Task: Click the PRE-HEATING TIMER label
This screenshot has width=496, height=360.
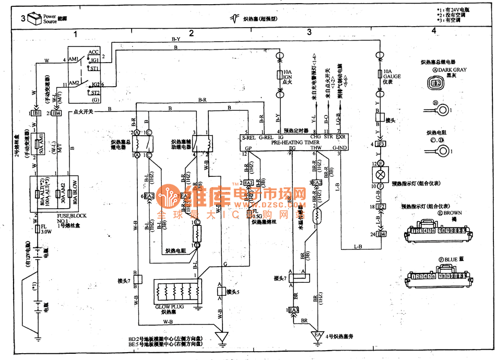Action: [295, 142]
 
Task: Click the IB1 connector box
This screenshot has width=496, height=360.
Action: [37, 113]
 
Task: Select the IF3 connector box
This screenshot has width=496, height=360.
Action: [381, 143]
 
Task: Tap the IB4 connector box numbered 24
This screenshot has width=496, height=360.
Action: [381, 234]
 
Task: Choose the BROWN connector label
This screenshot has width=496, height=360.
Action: [451, 213]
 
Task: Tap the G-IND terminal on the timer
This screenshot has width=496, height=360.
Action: [340, 148]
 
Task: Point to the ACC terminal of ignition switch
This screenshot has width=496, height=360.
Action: [94, 52]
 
